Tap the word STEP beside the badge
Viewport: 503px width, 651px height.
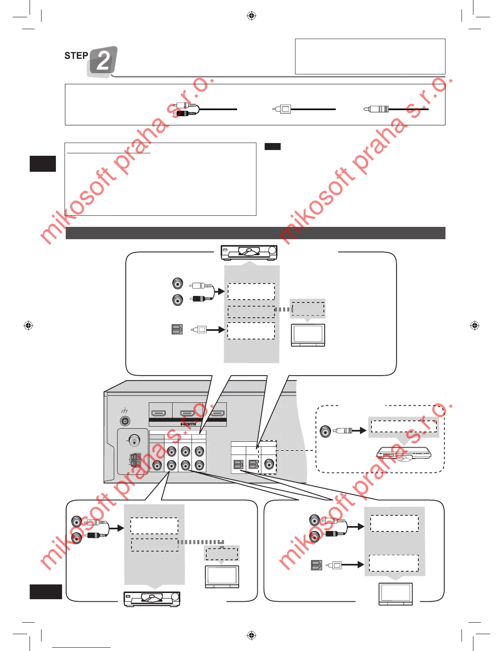pyautogui.click(x=76, y=56)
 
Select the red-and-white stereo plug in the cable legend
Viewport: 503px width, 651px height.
pyautogui.click(x=186, y=109)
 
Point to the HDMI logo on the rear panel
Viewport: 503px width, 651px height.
pyautogui.click(x=188, y=424)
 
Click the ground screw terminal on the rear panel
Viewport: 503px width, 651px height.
pyautogui.click(x=125, y=421)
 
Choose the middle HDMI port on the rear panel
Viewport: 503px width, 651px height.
pyautogui.click(x=187, y=413)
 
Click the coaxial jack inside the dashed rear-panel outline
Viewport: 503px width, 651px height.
pyautogui.click(x=269, y=464)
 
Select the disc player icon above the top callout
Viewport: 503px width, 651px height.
pyautogui.click(x=249, y=252)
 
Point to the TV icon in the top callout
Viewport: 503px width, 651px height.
pyautogui.click(x=308, y=335)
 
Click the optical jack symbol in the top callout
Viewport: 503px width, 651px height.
pyautogui.click(x=177, y=329)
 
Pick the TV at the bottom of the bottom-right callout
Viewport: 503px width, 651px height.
pyautogui.click(x=395, y=594)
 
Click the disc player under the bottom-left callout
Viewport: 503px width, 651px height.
pyautogui.click(x=152, y=599)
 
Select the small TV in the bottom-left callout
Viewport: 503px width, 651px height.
pyautogui.click(x=222, y=577)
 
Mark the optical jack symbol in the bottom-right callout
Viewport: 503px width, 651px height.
pyautogui.click(x=316, y=565)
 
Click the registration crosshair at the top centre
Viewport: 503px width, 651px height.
pyautogui.click(x=251, y=16)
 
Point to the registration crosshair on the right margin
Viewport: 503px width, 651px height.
pyautogui.click(x=475, y=325)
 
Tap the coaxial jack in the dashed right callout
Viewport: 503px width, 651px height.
pyautogui.click(x=325, y=431)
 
